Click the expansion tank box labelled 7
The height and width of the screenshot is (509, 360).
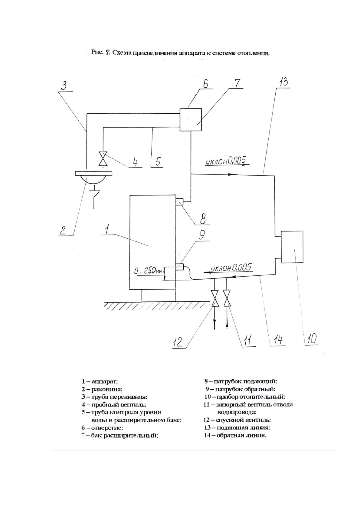tap(191, 120)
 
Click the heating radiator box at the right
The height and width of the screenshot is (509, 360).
tap(292, 247)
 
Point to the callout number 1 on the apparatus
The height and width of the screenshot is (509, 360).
tap(106, 230)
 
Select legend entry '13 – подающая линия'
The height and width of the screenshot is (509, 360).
tap(237, 428)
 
